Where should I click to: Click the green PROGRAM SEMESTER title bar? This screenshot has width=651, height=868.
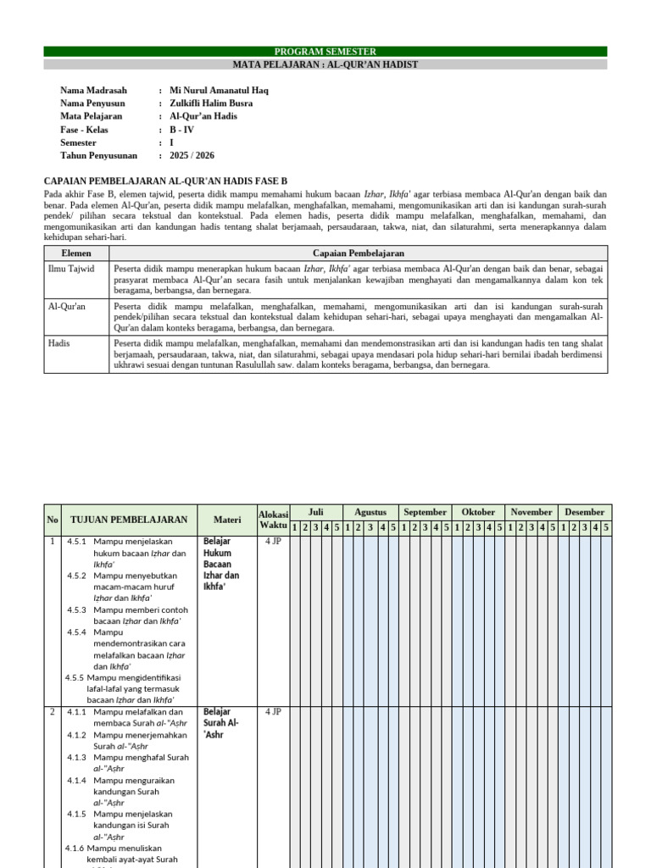[325, 52]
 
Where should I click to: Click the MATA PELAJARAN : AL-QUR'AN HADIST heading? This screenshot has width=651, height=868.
[325, 64]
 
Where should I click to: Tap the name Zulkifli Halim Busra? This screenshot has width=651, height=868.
[211, 103]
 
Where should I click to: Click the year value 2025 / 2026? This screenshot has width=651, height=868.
[192, 155]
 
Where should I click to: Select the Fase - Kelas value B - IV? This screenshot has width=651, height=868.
[181, 130]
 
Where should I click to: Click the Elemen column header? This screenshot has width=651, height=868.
[76, 253]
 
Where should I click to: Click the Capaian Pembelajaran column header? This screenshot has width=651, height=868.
[358, 253]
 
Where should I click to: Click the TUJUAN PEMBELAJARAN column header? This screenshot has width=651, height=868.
[129, 519]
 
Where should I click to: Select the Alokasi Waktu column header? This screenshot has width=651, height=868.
[273, 520]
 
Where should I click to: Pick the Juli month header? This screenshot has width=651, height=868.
[315, 512]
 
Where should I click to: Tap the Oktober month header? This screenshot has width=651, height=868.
[478, 512]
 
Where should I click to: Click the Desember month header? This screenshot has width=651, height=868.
[585, 512]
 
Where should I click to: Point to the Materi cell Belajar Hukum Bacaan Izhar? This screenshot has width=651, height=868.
[221, 564]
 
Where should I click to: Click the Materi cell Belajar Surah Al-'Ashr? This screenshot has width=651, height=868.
[221, 723]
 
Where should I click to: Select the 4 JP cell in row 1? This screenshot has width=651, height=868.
[273, 541]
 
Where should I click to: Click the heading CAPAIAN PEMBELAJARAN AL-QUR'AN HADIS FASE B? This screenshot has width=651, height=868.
[165, 181]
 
